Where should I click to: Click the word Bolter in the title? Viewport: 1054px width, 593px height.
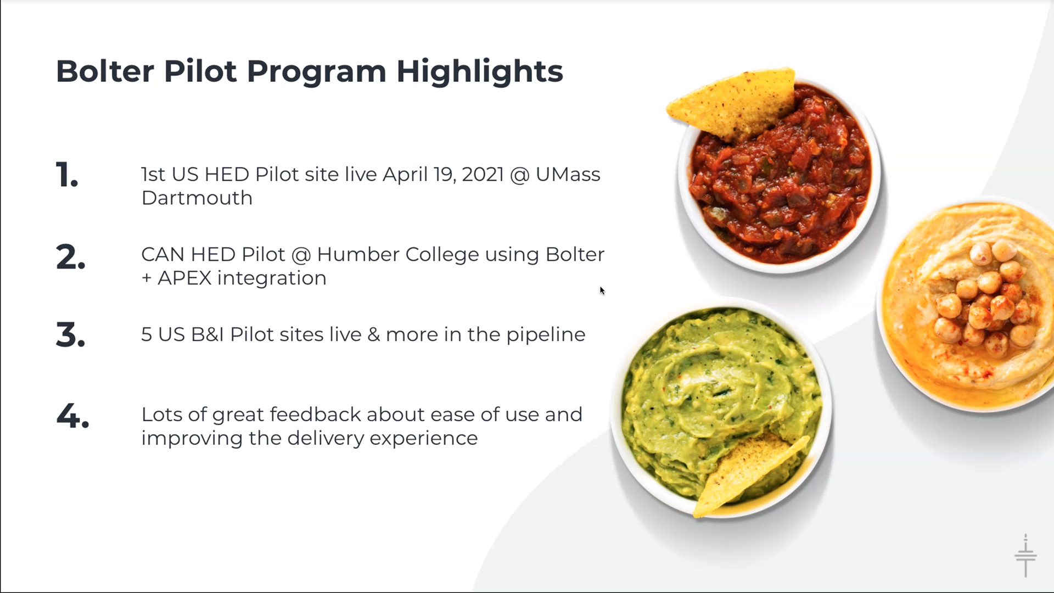coord(105,71)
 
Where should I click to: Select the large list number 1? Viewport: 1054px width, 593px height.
coord(67,175)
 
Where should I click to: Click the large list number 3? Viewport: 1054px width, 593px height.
coord(71,335)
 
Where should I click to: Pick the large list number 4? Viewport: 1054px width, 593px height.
coord(72,416)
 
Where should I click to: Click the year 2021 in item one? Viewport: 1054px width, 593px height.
coord(483,175)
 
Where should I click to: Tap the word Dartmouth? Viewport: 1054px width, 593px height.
coord(197,198)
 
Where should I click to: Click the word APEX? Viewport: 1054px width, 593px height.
coord(184,278)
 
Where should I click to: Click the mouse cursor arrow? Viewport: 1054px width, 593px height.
coord(602,290)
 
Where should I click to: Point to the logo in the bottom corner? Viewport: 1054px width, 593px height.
coord(1025,555)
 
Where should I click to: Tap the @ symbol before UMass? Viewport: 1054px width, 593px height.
coord(519,175)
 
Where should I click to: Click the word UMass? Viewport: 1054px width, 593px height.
coord(568,175)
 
